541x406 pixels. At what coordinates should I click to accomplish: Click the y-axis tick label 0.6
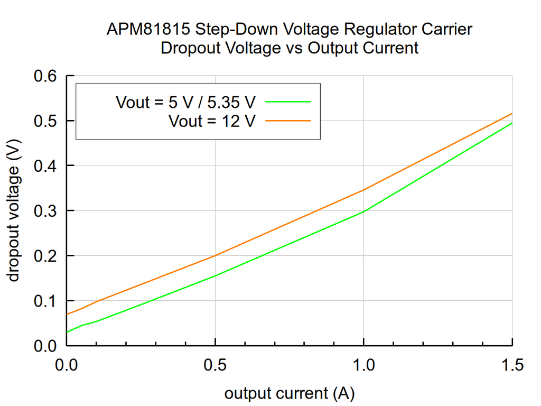pyautogui.click(x=46, y=76)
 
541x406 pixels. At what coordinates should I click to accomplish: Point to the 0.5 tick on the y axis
pyautogui.click(x=46, y=121)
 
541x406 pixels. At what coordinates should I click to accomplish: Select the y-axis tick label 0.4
pyautogui.click(x=46, y=166)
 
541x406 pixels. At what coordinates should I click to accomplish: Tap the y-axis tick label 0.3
pyautogui.click(x=46, y=211)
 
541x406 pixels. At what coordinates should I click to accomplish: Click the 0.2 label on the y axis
pyautogui.click(x=46, y=256)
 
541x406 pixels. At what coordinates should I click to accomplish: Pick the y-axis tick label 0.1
pyautogui.click(x=46, y=301)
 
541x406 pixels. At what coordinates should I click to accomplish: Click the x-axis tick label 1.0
pyautogui.click(x=363, y=365)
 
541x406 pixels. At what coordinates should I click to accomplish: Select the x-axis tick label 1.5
pyautogui.click(x=512, y=365)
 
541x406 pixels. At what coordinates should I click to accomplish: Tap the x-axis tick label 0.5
pyautogui.click(x=215, y=365)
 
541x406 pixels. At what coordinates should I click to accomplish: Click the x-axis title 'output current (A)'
pyautogui.click(x=289, y=393)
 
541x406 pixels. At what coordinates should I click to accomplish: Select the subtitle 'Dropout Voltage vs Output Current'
pyautogui.click(x=289, y=48)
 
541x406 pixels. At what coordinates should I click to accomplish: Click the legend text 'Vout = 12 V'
pyautogui.click(x=212, y=121)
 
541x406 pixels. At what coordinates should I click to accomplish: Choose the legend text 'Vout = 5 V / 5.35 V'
pyautogui.click(x=186, y=102)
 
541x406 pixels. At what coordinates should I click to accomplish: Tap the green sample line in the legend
pyautogui.click(x=288, y=101)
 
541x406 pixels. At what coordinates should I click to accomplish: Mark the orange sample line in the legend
pyautogui.click(x=288, y=121)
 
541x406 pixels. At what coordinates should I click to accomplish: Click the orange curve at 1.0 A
pyautogui.click(x=363, y=190)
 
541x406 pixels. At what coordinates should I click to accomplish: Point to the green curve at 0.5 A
pyautogui.click(x=215, y=275)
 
